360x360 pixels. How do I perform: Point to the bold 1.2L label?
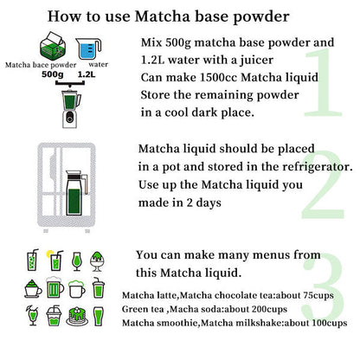(x=86, y=74)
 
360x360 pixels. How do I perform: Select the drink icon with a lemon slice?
(x=54, y=260)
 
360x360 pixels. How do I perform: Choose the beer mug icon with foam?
(x=54, y=288)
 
